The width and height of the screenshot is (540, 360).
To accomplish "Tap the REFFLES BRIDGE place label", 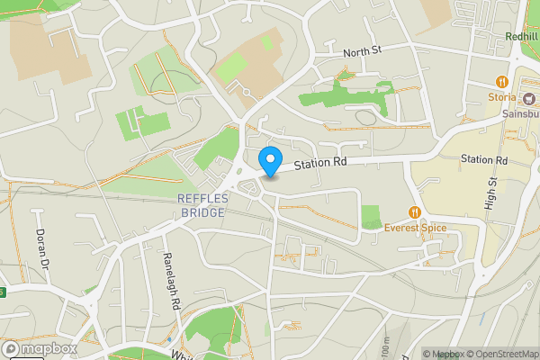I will (203, 204).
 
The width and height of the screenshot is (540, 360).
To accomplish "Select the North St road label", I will (363, 53).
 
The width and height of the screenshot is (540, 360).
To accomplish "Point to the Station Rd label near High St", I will (484, 159).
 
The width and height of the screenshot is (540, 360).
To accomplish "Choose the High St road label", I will (493, 192).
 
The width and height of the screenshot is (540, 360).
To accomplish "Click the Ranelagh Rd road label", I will (168, 280).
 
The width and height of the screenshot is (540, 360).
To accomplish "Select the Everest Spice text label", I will (415, 229).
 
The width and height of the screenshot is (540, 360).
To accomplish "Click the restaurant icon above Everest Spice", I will (415, 213).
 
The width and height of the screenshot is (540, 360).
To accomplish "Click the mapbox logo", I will (40, 348).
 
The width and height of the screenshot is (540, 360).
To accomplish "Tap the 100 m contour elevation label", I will (384, 347).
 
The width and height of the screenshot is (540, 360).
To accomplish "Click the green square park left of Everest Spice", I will (371, 217).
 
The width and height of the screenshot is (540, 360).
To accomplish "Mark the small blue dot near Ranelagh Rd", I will (170, 340).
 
